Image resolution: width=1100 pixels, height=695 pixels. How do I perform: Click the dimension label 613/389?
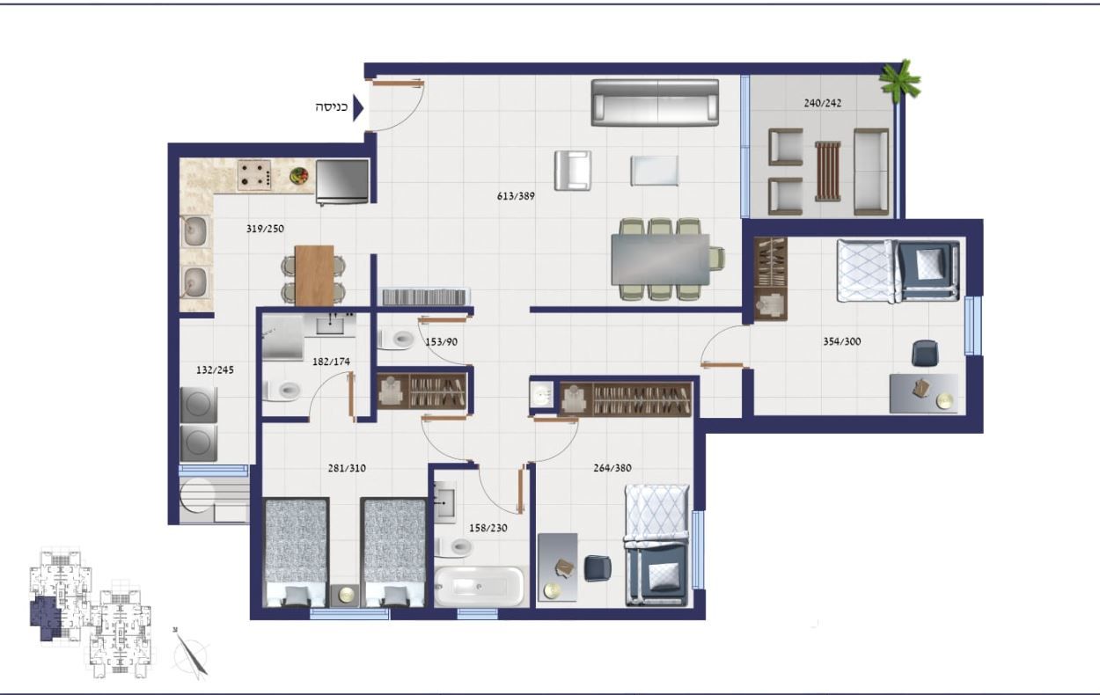[x=516, y=196]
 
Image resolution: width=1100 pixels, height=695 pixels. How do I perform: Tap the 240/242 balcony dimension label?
[x=823, y=103]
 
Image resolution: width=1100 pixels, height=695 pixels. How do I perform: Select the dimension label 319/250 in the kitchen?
[x=265, y=229]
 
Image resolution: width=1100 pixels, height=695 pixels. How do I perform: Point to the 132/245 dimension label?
[x=215, y=370]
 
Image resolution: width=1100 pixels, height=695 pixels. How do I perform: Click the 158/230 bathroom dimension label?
[x=488, y=528]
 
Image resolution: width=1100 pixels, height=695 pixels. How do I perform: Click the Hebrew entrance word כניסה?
[x=332, y=107]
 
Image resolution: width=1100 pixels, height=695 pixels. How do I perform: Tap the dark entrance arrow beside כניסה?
[x=358, y=108]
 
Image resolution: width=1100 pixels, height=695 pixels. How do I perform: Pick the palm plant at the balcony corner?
[x=899, y=80]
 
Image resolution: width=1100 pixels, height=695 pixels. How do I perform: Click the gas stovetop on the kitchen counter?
[x=254, y=175]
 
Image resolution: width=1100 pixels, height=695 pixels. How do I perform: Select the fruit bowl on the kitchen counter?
[x=298, y=175]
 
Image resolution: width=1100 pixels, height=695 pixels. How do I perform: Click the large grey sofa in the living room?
[x=655, y=103]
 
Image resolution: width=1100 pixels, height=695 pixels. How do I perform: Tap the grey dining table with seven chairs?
[x=661, y=260]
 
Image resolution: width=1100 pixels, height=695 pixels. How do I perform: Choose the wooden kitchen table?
[x=314, y=275]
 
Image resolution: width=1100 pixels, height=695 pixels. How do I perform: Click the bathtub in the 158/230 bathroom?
[x=479, y=587]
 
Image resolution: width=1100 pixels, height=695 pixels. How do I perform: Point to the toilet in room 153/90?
[x=397, y=339]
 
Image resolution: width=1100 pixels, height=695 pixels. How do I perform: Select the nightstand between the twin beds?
[x=345, y=596]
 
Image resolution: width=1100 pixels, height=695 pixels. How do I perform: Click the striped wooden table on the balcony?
[x=828, y=172]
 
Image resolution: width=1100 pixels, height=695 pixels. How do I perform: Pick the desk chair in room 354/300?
[x=925, y=353]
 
